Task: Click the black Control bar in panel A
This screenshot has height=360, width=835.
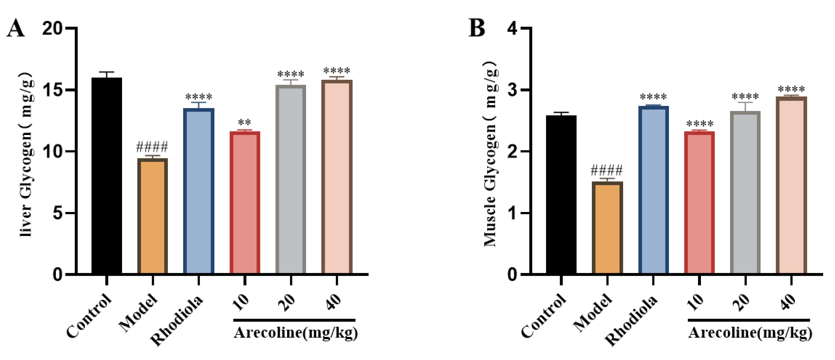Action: coord(107,175)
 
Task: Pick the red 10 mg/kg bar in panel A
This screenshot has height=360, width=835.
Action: coord(245,203)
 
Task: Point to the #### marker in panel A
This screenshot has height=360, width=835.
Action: coord(152,147)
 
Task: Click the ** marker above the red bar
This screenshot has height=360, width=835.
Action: coord(244,123)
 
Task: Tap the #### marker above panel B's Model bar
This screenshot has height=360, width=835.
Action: coord(607,170)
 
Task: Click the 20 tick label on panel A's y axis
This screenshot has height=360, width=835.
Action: coord(52,29)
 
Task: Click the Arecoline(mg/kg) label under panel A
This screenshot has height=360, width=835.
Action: coord(295,333)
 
